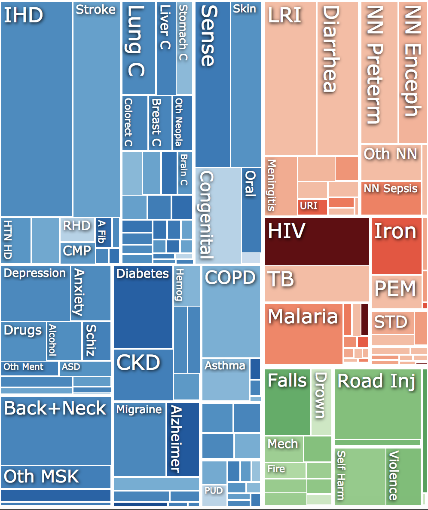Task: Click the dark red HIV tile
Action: pos(317,242)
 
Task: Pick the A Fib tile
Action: pos(103,233)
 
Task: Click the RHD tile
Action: pos(77,229)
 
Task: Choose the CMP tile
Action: pos(77,253)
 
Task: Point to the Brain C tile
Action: pos(185,173)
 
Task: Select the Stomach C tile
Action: pos(184,48)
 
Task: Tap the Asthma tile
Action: pos(226,380)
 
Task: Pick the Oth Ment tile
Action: pos(30,369)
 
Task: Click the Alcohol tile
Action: pos(64,341)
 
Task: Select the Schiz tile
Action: pos(97,341)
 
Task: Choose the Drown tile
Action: pos(321,402)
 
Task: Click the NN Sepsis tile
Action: pos(391,198)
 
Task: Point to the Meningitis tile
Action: pos(281,186)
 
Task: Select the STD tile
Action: pos(393,323)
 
